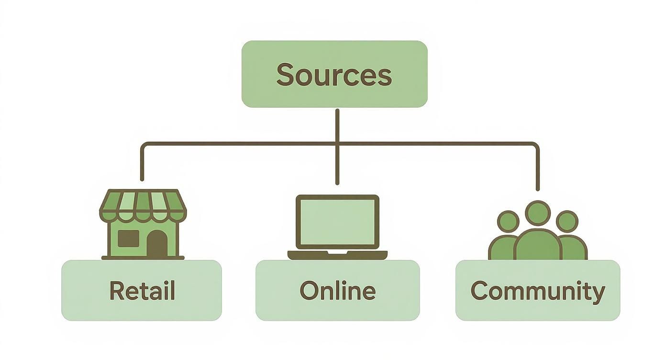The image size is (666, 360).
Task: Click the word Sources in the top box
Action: click(x=334, y=75)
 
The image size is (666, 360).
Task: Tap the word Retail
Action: click(x=142, y=291)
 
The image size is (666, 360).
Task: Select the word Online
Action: click(x=337, y=291)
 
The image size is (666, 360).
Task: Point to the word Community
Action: click(x=538, y=291)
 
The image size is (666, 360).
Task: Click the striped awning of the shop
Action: click(x=143, y=203)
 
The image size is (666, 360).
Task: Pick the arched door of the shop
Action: click(x=157, y=243)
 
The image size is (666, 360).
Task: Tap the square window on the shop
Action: click(x=128, y=238)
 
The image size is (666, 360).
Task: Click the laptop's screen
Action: click(x=337, y=222)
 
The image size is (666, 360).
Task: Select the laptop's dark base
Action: click(x=337, y=255)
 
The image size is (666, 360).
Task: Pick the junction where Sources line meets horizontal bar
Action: click(x=337, y=143)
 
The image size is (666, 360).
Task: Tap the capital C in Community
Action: click(x=480, y=290)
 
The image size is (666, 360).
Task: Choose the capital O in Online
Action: click(x=310, y=291)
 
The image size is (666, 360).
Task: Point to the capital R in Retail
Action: click(x=117, y=290)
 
